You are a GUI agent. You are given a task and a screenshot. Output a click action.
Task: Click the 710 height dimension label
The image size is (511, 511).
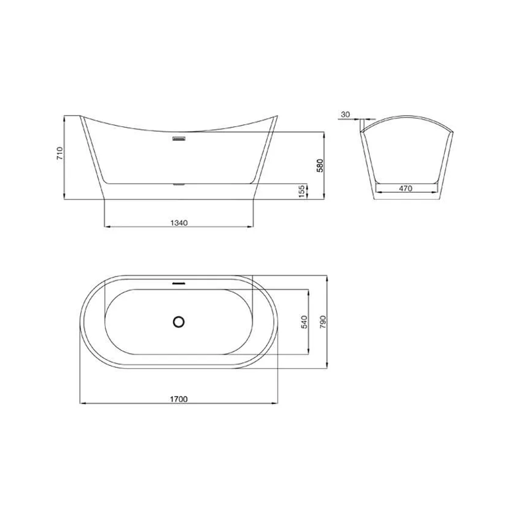tap(60, 153)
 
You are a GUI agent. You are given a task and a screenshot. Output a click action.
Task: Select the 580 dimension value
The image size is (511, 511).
tap(320, 166)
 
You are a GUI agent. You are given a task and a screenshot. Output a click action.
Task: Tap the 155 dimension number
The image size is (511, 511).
tap(302, 191)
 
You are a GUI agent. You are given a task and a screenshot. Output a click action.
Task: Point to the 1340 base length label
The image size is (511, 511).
tap(179, 223)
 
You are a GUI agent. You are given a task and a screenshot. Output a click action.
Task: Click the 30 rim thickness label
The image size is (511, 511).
tap(345, 114)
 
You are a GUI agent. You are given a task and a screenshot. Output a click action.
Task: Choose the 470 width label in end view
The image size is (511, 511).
tap(405, 189)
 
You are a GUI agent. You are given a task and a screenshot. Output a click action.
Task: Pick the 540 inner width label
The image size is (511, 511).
tap(305, 322)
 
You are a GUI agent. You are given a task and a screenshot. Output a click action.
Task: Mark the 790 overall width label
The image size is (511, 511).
tap(322, 322)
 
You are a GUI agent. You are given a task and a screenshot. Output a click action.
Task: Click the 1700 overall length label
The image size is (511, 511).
tap(179, 399)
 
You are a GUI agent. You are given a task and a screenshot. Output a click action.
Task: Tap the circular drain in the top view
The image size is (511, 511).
tap(178, 322)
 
